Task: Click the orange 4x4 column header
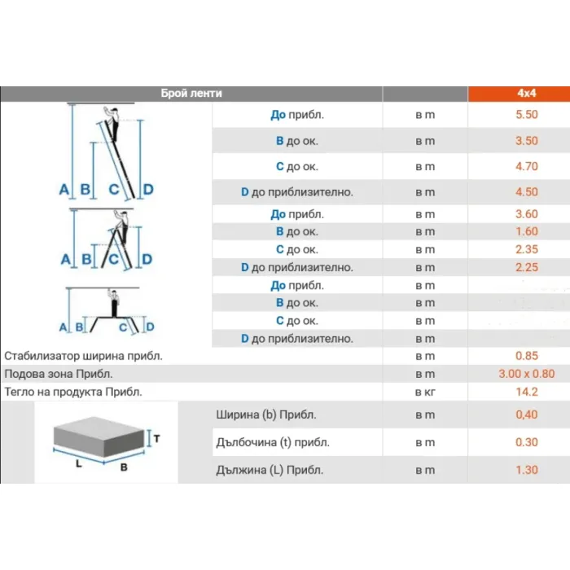point(519,94)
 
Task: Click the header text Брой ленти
point(191,94)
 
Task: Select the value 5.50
point(526,115)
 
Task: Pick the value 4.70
point(526,166)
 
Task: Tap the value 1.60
point(526,231)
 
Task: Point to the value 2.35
point(526,249)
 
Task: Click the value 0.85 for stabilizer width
point(526,356)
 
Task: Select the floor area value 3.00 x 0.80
point(526,374)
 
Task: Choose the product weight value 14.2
point(526,392)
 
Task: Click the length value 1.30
point(526,470)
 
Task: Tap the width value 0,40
point(526,414)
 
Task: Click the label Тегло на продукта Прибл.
point(73,392)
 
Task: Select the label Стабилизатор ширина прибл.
point(83,356)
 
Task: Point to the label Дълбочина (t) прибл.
point(273,442)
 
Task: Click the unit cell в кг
point(425,392)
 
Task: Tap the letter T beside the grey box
point(156,439)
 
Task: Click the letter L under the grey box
point(78,463)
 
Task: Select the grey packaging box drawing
point(99,436)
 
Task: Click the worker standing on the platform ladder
point(114,304)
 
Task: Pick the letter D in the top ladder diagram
point(148,190)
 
